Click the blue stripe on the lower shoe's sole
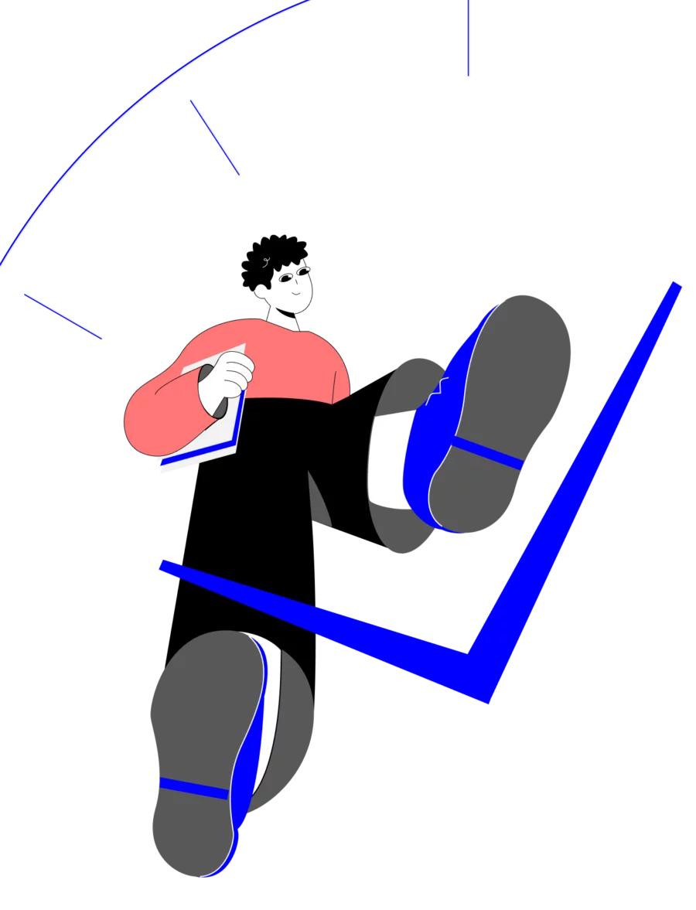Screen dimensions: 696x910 (x=193, y=788)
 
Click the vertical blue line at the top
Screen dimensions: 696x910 (x=469, y=39)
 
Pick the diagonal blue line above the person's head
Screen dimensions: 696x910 (x=214, y=137)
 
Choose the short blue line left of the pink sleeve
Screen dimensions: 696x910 (x=63, y=315)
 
